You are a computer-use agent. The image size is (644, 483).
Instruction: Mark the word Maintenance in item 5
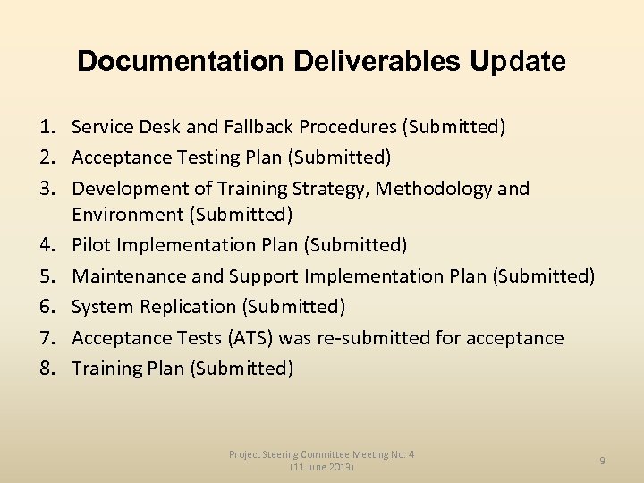[x=129, y=276]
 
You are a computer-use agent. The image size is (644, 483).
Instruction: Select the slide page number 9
[x=602, y=461]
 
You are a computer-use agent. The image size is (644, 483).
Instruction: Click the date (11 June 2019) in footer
[x=321, y=467]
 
